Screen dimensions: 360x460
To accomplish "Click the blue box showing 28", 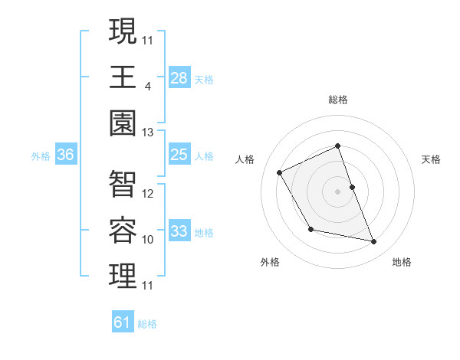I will [x=179, y=77].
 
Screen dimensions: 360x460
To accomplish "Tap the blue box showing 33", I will [x=179, y=232].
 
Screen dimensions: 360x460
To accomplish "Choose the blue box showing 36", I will [x=66, y=155].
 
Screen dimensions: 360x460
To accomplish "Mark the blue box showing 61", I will [x=123, y=322].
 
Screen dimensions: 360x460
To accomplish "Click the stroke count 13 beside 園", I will [x=148, y=133].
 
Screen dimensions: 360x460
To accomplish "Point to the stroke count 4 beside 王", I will [x=147, y=87].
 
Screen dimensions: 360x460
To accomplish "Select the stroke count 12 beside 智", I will [x=148, y=194].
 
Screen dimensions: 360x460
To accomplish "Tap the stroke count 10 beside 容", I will [x=148, y=240].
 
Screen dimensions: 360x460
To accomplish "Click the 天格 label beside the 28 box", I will [x=204, y=79].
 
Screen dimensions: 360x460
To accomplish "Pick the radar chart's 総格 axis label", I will [x=338, y=100].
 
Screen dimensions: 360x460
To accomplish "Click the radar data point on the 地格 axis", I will [x=374, y=242].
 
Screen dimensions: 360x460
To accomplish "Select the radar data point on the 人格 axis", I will [x=279, y=172].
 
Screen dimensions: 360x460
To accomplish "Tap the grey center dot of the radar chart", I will [x=338, y=191].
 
